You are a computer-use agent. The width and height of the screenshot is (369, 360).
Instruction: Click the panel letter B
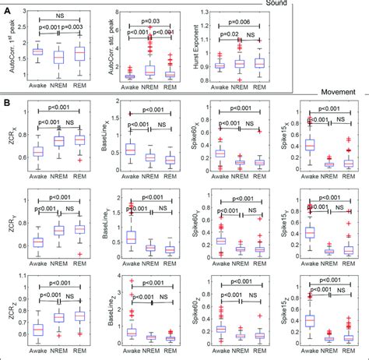point(7,101)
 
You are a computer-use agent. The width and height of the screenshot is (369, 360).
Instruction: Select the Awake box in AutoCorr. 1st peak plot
point(36,51)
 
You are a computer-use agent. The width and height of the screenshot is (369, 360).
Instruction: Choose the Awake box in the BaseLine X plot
point(131,149)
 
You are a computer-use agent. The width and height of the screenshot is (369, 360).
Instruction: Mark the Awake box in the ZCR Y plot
point(35,221)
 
